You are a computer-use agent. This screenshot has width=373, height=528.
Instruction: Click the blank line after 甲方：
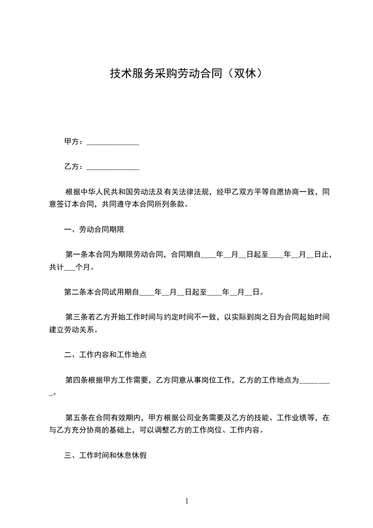(x=113, y=142)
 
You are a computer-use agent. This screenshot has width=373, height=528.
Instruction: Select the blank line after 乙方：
(x=113, y=167)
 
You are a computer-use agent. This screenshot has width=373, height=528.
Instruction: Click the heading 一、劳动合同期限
(x=94, y=230)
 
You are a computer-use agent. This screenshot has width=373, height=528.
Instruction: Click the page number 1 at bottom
(x=187, y=501)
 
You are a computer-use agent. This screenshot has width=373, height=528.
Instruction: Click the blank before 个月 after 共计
(x=69, y=268)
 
